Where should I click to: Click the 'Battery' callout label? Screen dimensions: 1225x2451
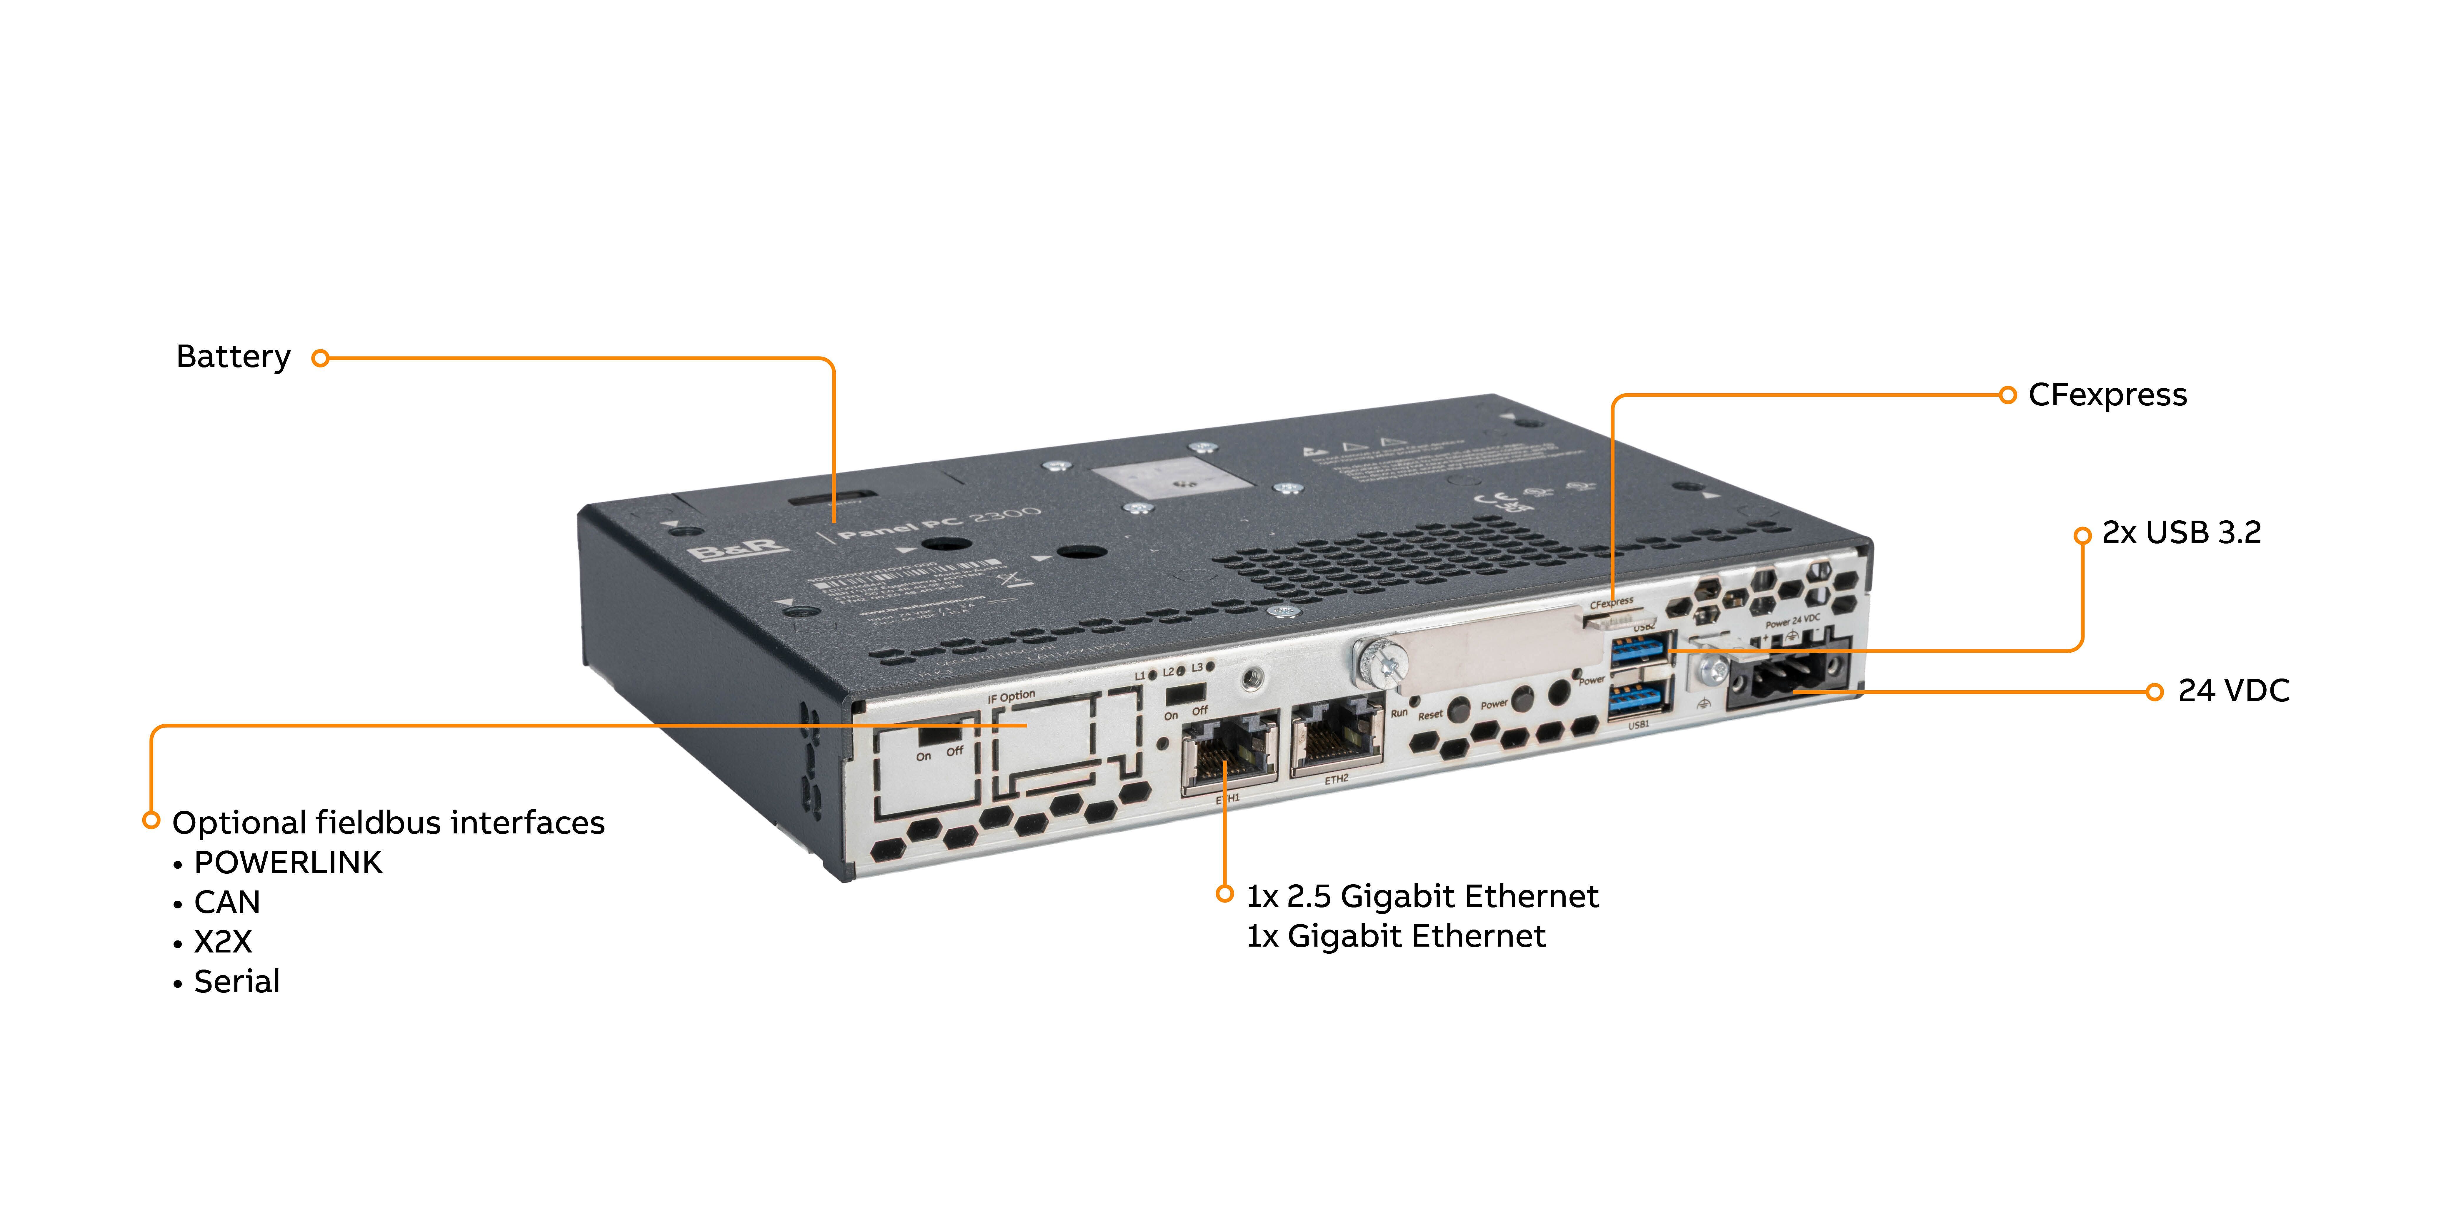pyautogui.click(x=233, y=357)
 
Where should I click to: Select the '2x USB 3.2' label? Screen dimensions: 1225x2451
pyautogui.click(x=2181, y=533)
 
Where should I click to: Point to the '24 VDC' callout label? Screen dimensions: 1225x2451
pyautogui.click(x=2233, y=691)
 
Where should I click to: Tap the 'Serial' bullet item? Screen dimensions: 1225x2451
pyautogui.click(x=237, y=982)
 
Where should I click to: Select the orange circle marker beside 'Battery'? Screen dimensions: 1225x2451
pyautogui.click(x=321, y=359)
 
